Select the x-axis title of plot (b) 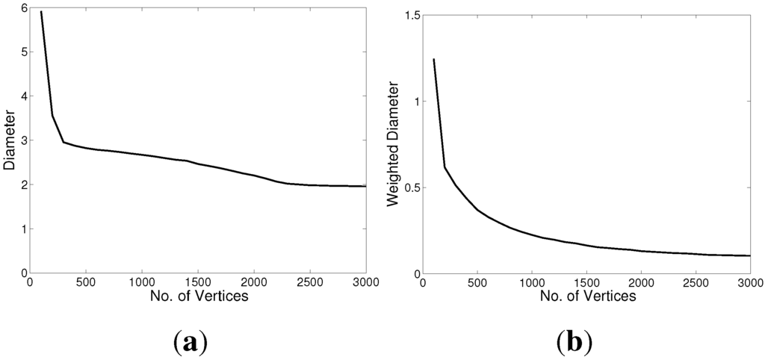pos(586,296)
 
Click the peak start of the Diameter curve pos(41,12)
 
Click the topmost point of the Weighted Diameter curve pos(433,59)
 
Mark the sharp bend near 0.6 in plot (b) pos(445,167)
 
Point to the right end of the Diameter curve pos(365,186)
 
